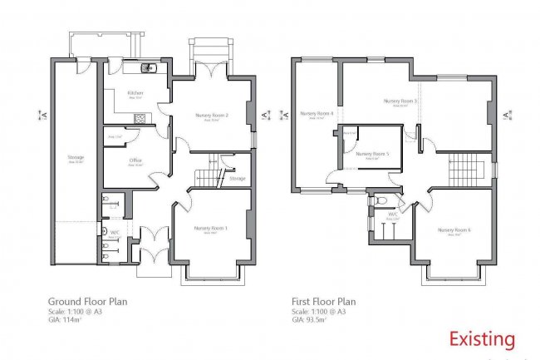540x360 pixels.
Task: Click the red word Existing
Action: click(482, 339)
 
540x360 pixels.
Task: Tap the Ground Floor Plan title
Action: click(88, 302)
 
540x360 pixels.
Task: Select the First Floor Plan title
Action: click(324, 302)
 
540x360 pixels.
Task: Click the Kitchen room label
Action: click(135, 93)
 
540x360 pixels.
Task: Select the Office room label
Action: click(135, 160)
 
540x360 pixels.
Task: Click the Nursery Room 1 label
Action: click(211, 228)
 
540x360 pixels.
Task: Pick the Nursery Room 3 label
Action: click(400, 101)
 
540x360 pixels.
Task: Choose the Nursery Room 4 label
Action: click(317, 113)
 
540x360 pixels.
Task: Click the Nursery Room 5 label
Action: click(372, 154)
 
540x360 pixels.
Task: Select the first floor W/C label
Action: click(391, 214)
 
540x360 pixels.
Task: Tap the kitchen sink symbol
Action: click(150, 69)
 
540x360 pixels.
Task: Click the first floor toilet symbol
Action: click(380, 200)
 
